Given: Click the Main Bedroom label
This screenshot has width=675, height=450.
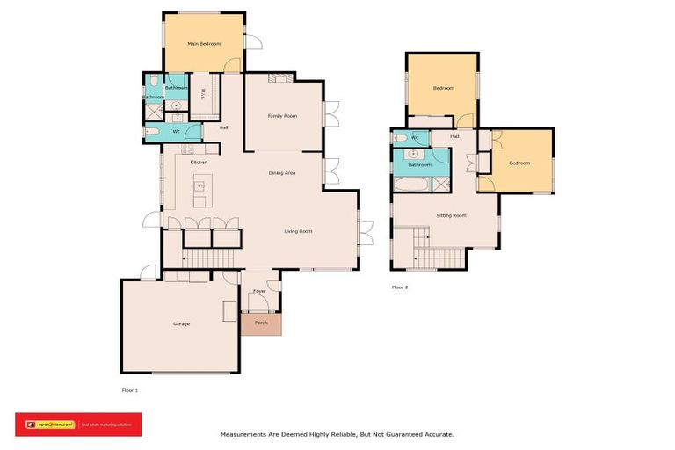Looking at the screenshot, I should tap(204, 43).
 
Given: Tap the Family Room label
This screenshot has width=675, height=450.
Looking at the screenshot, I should tap(282, 116).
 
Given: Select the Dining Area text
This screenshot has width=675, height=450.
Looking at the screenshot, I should tap(282, 173).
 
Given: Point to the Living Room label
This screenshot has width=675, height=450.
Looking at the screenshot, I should tap(298, 231).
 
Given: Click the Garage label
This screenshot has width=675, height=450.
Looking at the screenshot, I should tap(181, 323).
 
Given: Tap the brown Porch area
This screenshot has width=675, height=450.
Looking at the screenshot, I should tap(261, 323).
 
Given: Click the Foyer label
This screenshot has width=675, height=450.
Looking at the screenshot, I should tap(259, 290).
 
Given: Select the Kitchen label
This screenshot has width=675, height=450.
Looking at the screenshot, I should tap(199, 163).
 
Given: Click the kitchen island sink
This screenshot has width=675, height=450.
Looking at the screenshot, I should tap(200, 186).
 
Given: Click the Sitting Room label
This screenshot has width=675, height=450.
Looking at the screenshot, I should tap(451, 214).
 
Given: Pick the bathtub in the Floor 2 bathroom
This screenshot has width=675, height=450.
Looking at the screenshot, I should tap(410, 186).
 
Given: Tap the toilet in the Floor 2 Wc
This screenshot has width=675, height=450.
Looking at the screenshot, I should tap(400, 138).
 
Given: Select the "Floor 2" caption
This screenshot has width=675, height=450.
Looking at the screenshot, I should tap(400, 287).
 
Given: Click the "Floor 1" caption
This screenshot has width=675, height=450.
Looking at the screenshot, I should tap(129, 389).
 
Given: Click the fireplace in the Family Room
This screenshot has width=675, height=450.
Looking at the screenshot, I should tap(279, 78).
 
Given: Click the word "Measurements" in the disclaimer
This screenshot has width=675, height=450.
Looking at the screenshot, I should tap(243, 433).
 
